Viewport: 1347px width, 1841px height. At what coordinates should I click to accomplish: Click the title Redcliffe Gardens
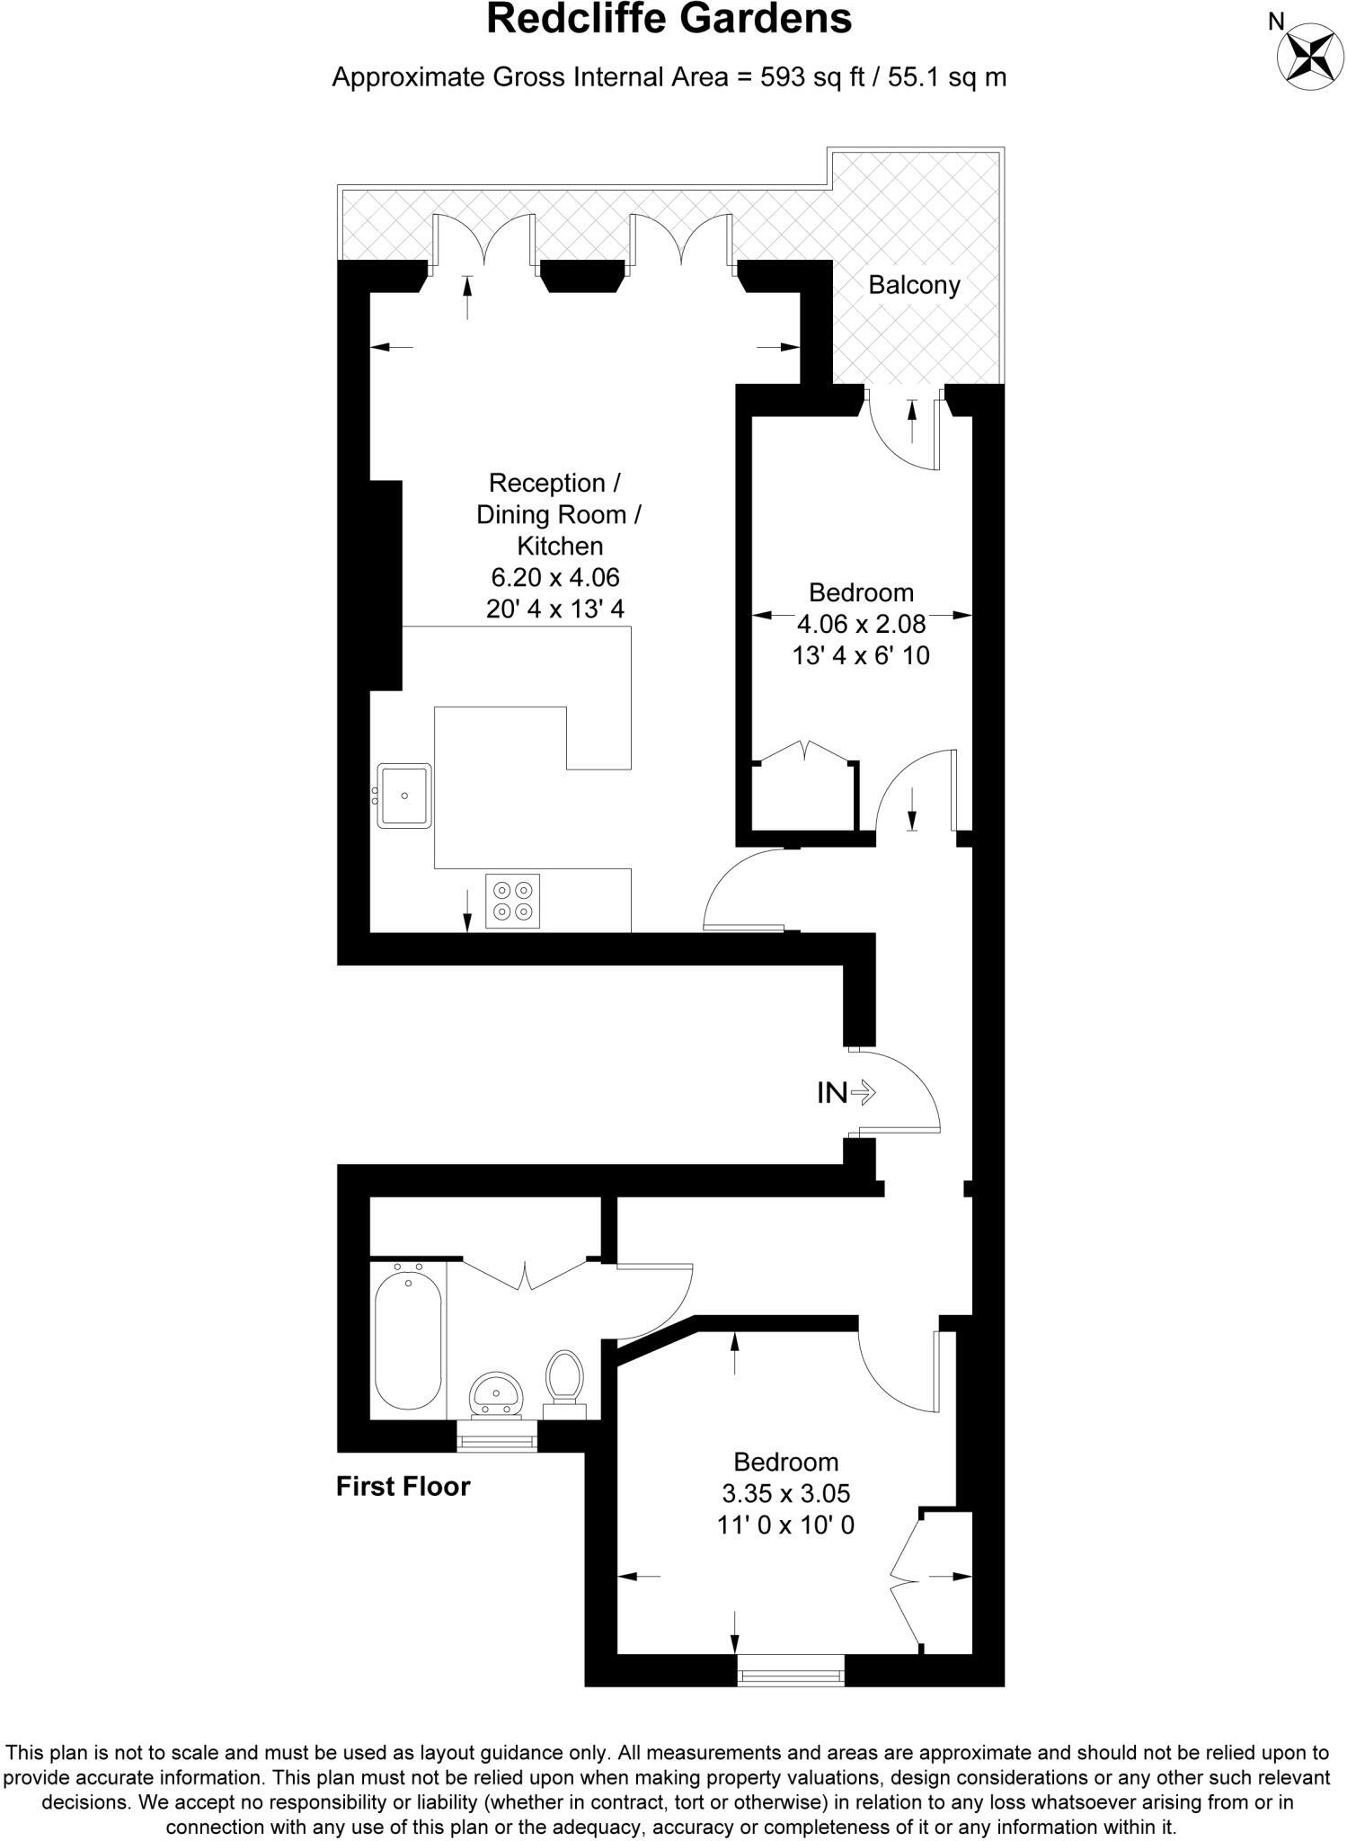click(x=669, y=20)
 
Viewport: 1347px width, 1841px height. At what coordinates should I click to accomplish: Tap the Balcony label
click(x=914, y=285)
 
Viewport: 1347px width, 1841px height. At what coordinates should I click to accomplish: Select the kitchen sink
click(x=404, y=796)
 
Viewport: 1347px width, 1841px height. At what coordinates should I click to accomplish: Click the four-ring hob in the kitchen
click(x=513, y=901)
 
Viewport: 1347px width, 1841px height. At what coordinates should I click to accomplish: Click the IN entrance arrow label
click(x=846, y=1093)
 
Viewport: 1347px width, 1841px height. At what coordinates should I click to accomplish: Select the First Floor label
click(x=403, y=1486)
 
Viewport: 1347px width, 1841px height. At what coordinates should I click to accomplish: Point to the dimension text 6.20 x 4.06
click(x=554, y=577)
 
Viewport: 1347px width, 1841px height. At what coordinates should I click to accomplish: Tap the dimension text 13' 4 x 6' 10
click(x=860, y=655)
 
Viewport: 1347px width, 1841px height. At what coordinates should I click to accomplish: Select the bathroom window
click(x=497, y=1441)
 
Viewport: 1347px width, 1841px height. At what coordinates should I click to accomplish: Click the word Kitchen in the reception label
click(x=559, y=546)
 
